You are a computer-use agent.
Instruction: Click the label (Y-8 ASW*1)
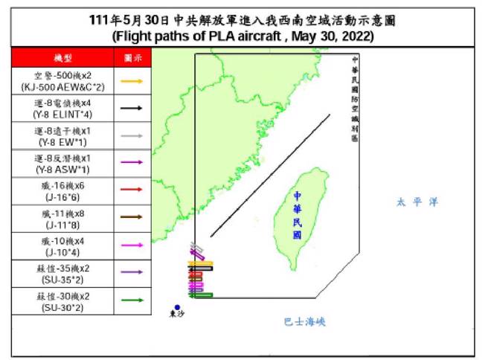[x=62, y=169]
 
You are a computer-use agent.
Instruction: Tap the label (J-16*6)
[x=62, y=196]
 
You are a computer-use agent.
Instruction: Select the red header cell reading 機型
[x=62, y=57]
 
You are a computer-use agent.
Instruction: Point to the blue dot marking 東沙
[x=177, y=306]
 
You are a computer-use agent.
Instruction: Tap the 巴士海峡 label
[x=305, y=322]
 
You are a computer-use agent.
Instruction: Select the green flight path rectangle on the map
[x=201, y=296]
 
